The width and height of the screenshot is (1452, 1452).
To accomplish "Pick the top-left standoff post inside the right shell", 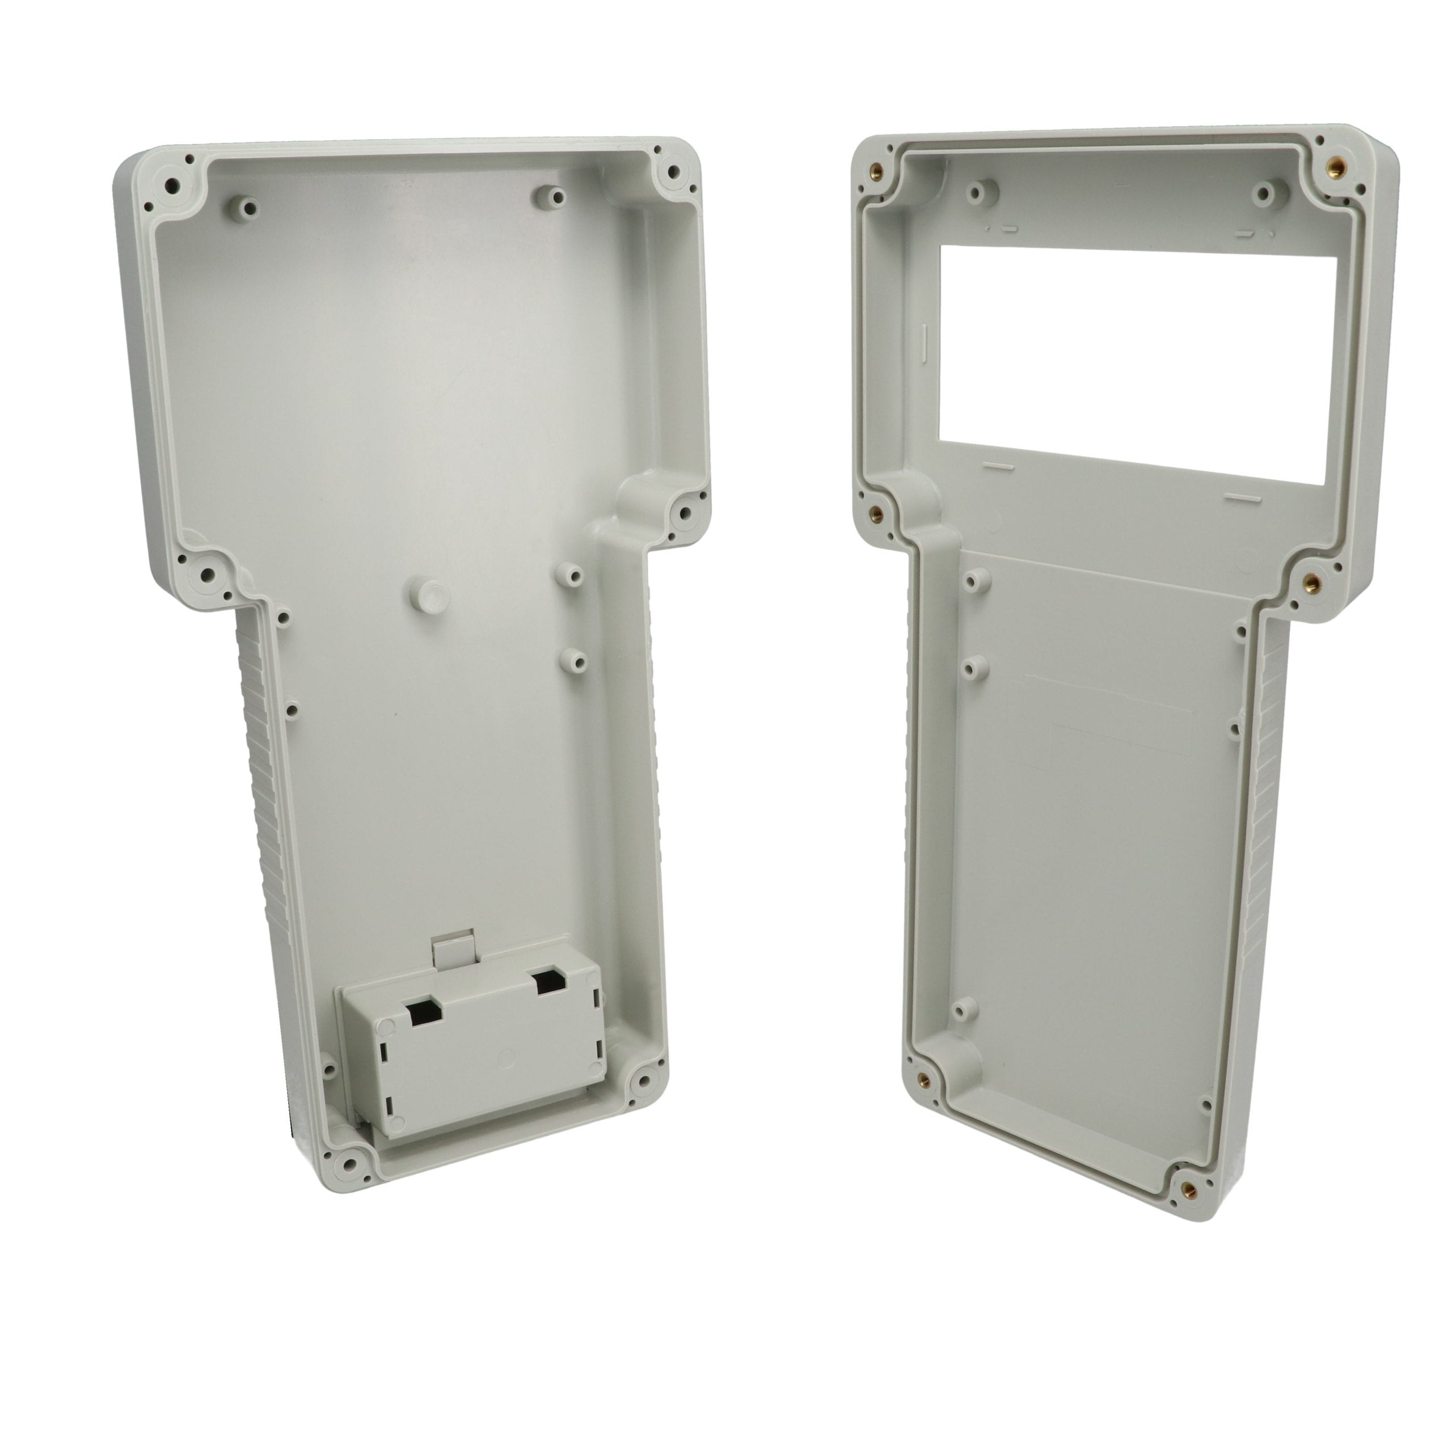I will coord(978,194).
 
